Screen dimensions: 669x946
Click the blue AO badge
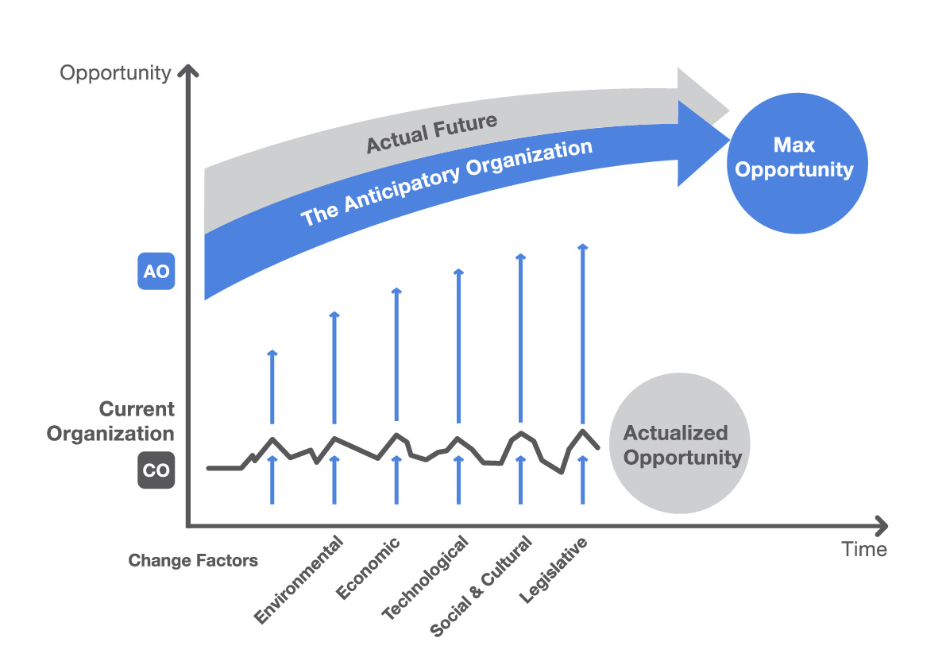pos(156,271)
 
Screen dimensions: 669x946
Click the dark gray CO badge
pos(156,470)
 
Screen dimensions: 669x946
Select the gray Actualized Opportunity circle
pos(679,445)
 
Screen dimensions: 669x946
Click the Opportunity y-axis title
pos(116,73)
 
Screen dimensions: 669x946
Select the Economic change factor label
pos(369,569)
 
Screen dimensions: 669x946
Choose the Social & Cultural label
pos(481,586)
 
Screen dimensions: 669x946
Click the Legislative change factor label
pos(555,570)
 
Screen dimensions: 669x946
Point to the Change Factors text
pos(193,561)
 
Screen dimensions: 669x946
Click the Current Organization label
pos(111,422)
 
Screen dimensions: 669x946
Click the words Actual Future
pos(431,133)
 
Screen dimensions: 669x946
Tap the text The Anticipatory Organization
pos(446,184)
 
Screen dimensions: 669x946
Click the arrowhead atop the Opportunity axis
pos(187,73)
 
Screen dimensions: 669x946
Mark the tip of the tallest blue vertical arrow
pos(582,247)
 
